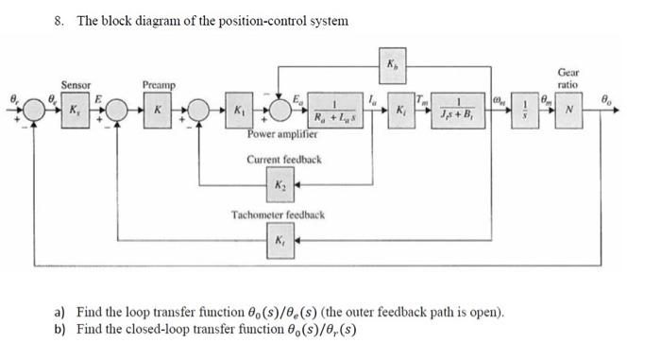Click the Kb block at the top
pyautogui.click(x=393, y=65)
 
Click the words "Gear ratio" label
pyautogui.click(x=568, y=77)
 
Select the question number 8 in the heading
pyautogui.click(x=58, y=20)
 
